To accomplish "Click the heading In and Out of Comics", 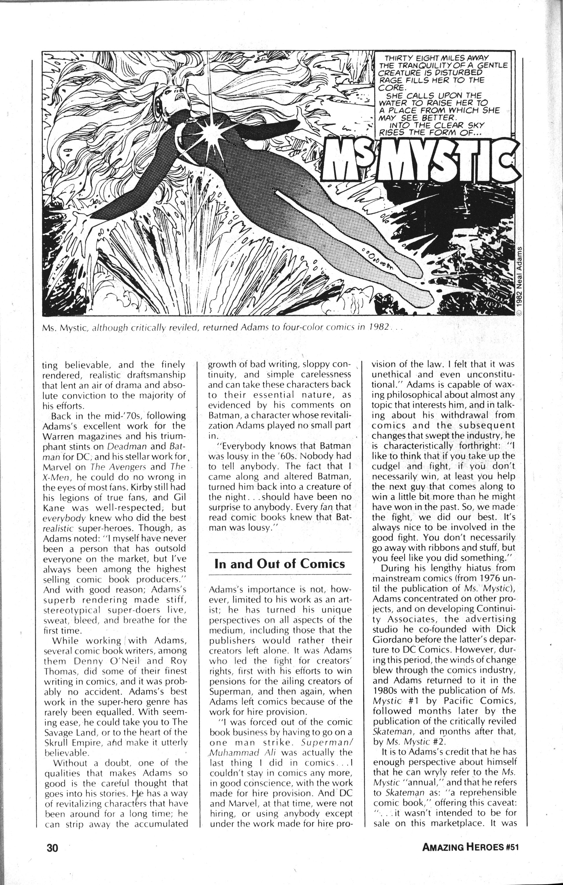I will pyautogui.click(x=280, y=564).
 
